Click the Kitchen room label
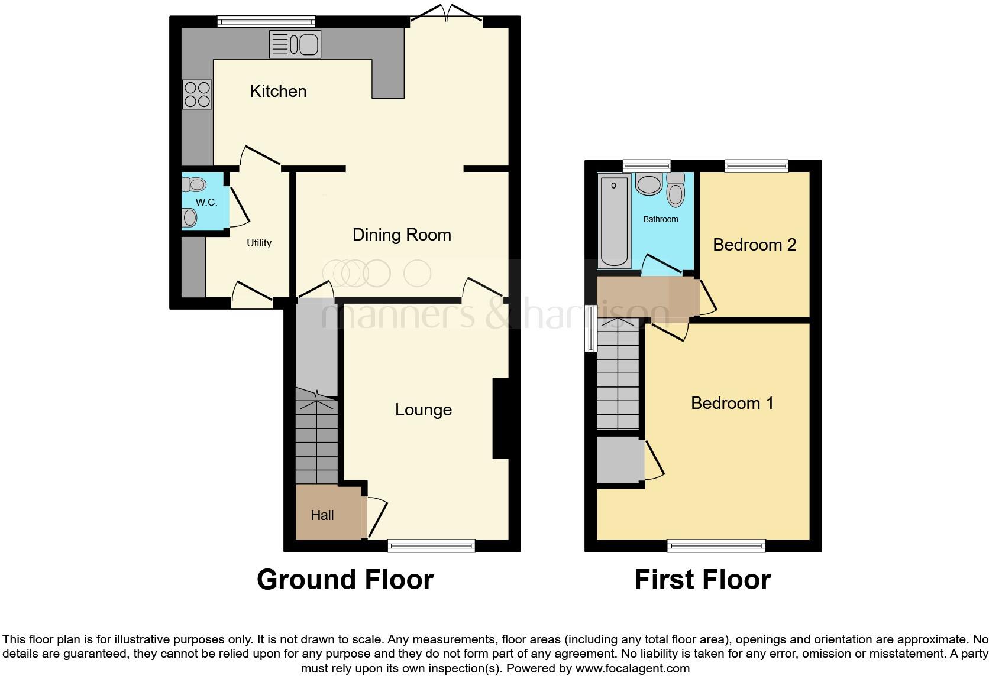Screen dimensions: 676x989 click(x=278, y=91)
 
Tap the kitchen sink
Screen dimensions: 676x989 click(x=295, y=44)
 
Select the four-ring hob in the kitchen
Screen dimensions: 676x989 click(x=197, y=95)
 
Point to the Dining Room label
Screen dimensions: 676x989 click(x=402, y=235)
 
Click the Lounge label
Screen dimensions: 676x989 click(x=424, y=409)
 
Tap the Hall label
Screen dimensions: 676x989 click(x=322, y=515)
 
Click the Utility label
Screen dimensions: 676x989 click(x=259, y=243)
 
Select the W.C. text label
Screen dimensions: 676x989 click(x=206, y=202)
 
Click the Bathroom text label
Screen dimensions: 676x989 click(x=661, y=219)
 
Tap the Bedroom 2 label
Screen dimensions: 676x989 click(x=754, y=245)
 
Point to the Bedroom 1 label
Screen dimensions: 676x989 click(x=732, y=403)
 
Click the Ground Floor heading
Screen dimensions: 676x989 click(x=345, y=580)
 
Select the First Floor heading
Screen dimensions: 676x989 click(x=702, y=580)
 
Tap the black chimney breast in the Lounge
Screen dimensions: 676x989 click(x=500, y=418)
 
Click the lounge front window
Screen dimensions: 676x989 click(x=431, y=546)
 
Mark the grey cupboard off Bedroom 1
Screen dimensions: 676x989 click(x=619, y=460)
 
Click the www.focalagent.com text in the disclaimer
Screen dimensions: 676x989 click(x=632, y=669)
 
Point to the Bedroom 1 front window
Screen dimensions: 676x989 click(x=716, y=546)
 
